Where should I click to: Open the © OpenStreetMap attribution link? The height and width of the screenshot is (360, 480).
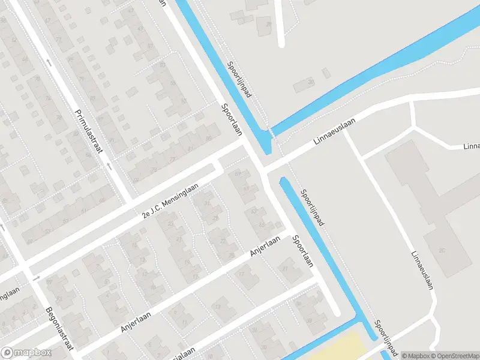(x=455, y=355)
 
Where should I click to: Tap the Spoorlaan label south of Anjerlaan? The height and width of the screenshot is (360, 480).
(x=303, y=251)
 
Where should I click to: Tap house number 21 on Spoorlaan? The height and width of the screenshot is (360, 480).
(x=285, y=269)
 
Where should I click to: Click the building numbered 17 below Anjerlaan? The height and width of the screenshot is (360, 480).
(x=242, y=275)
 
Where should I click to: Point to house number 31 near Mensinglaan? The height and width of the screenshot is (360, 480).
(x=207, y=202)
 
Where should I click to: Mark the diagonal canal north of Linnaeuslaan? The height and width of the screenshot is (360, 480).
(x=372, y=66)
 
